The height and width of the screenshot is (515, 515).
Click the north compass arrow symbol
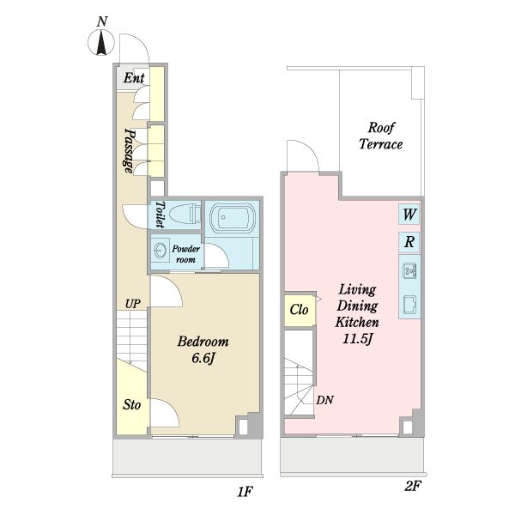pyautogui.click(x=101, y=42)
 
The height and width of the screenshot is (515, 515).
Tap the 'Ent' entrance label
pyautogui.click(x=134, y=78)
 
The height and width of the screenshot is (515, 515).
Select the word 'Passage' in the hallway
pyautogui.click(x=130, y=150)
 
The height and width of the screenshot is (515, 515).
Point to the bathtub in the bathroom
pyautogui.click(x=232, y=218)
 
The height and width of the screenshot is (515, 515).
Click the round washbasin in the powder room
pyautogui.click(x=161, y=251)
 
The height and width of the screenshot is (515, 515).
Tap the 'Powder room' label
pyautogui.click(x=186, y=254)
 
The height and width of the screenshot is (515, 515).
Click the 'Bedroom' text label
pyautogui.click(x=203, y=342)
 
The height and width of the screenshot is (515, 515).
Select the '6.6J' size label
pyautogui.click(x=203, y=358)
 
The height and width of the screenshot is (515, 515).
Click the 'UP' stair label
pyautogui.click(x=133, y=304)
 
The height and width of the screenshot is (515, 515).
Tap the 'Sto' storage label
pyautogui.click(x=131, y=404)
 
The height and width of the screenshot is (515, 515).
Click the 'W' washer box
pyautogui.click(x=409, y=214)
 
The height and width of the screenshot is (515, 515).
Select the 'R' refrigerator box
pyautogui.click(x=409, y=242)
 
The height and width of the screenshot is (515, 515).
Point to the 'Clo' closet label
pyautogui.click(x=300, y=310)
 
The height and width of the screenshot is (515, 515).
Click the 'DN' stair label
pyautogui.click(x=324, y=400)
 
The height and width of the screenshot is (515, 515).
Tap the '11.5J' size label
pyautogui.click(x=357, y=339)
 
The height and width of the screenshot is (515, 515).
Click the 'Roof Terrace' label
pyautogui.click(x=380, y=136)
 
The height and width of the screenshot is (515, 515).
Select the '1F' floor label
pyautogui.click(x=245, y=492)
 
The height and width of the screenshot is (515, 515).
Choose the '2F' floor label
pyautogui.click(x=412, y=486)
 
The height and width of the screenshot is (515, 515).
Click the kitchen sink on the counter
pyautogui.click(x=409, y=270)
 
